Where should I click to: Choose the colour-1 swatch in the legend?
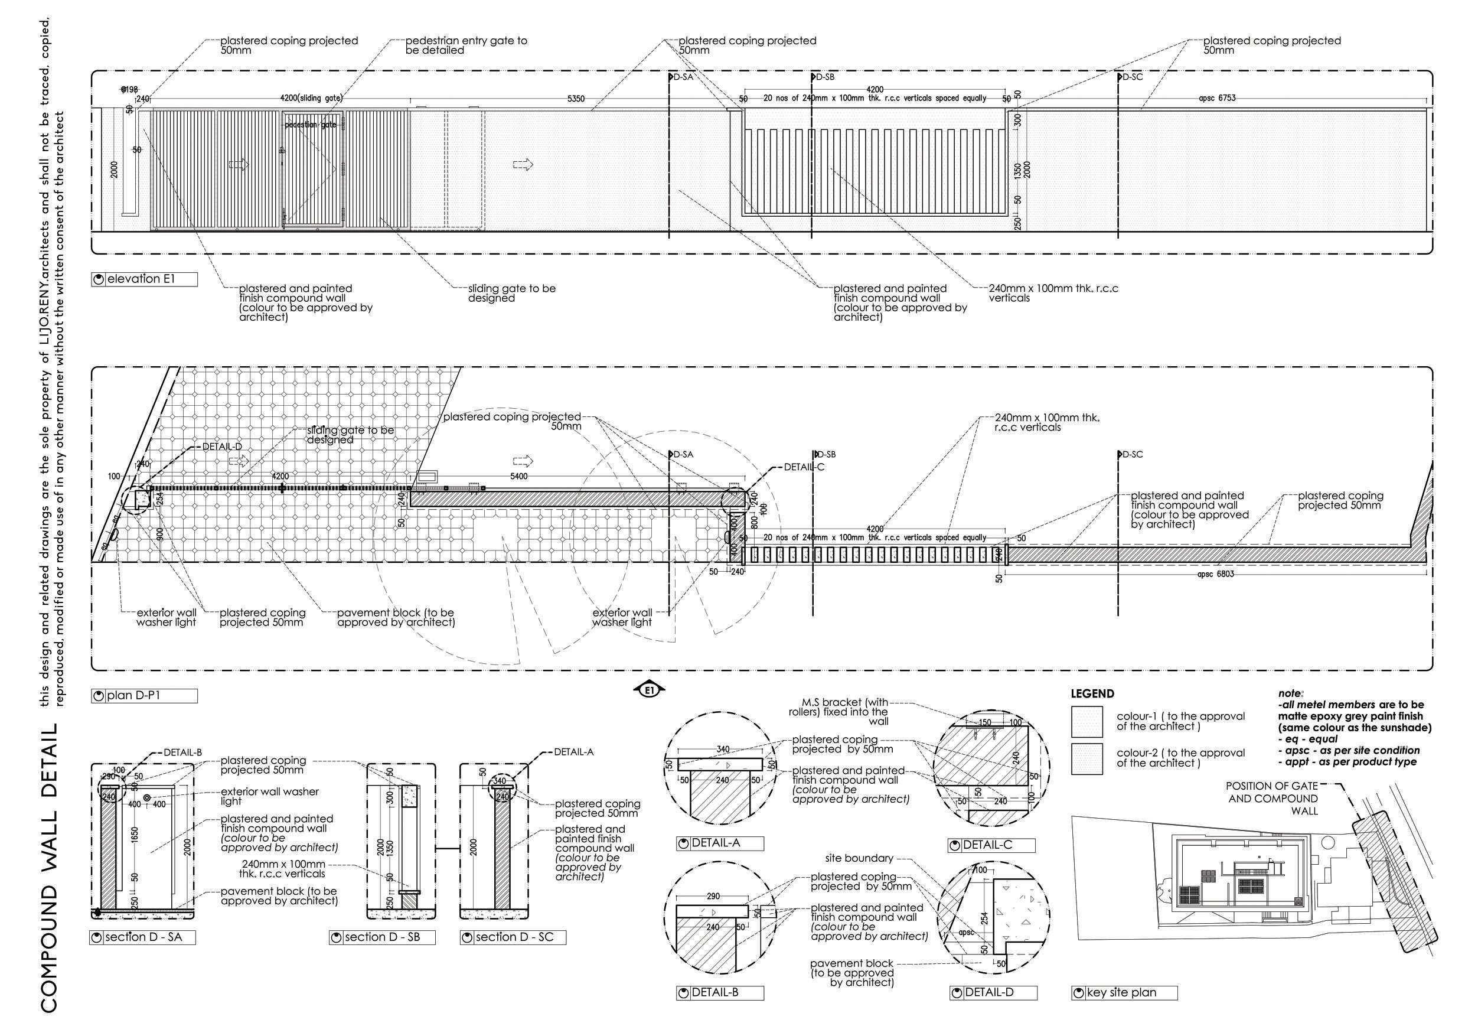point(1086,721)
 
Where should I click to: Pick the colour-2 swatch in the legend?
point(1086,758)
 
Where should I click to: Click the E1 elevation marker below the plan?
point(650,690)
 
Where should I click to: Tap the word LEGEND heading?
point(1092,694)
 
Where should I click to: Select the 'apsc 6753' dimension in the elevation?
point(1217,98)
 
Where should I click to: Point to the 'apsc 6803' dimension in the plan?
point(1215,574)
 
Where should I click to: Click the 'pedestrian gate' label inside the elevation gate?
point(311,125)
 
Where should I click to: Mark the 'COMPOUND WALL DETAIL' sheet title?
point(51,869)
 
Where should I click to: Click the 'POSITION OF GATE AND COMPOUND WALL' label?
point(1273,799)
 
